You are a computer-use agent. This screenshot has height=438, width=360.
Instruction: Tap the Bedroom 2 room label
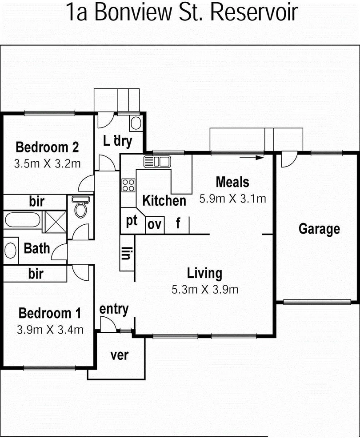47,147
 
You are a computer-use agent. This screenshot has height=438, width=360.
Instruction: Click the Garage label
319,229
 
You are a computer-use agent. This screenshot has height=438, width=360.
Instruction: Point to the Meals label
232,182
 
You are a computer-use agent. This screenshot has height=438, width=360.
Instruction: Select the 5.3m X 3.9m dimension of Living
205,290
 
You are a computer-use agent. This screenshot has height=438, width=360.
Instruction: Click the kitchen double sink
156,161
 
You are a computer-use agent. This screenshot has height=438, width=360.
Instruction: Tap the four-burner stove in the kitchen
128,185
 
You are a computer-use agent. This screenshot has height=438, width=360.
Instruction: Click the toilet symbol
80,207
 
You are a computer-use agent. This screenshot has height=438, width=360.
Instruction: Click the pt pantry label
132,222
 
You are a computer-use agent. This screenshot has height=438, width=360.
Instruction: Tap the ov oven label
154,224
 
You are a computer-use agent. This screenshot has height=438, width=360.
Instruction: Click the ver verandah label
119,355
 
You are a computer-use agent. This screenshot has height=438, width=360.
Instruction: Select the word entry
114,309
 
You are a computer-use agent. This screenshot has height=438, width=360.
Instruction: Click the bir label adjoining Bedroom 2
36,201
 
